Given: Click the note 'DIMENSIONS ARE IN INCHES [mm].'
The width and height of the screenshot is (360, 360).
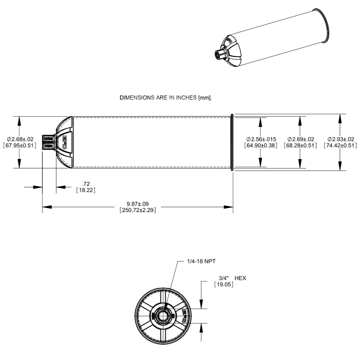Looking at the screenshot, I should point(166,98).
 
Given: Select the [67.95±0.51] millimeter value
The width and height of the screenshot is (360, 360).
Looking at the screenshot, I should point(19,145).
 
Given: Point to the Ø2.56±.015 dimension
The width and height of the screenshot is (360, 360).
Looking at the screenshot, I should point(261,139).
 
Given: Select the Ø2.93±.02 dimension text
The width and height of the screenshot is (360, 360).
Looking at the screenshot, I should point(340,139).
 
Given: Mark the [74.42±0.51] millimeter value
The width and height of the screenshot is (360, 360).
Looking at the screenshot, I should point(340,145).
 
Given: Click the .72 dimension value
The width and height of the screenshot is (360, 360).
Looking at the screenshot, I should point(86,184).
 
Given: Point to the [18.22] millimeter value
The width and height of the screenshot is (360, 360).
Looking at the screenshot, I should point(86,190).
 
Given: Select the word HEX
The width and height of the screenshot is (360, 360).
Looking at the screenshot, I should point(240,278).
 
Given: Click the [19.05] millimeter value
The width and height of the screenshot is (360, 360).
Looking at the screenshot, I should point(224,284).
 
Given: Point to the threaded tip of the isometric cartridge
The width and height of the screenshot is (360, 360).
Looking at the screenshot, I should point(219,55).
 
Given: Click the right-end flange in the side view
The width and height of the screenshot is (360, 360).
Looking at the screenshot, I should point(232,142).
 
